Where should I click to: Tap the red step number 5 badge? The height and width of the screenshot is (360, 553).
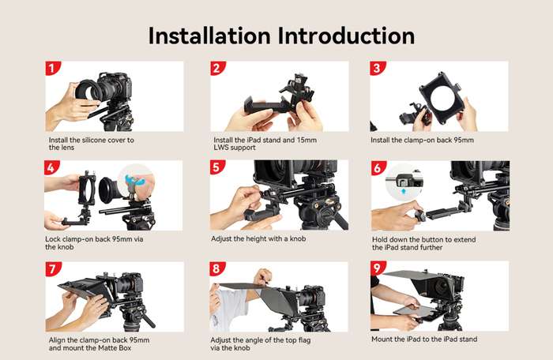(x=217, y=168)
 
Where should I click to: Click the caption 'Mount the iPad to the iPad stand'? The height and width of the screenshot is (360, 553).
(x=424, y=339)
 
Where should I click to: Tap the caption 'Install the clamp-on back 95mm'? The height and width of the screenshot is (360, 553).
(x=422, y=141)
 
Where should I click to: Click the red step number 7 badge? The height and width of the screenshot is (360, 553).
(x=53, y=269)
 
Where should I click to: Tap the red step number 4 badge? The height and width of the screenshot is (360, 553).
(x=53, y=168)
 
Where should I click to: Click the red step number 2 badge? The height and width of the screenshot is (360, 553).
(x=217, y=69)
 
